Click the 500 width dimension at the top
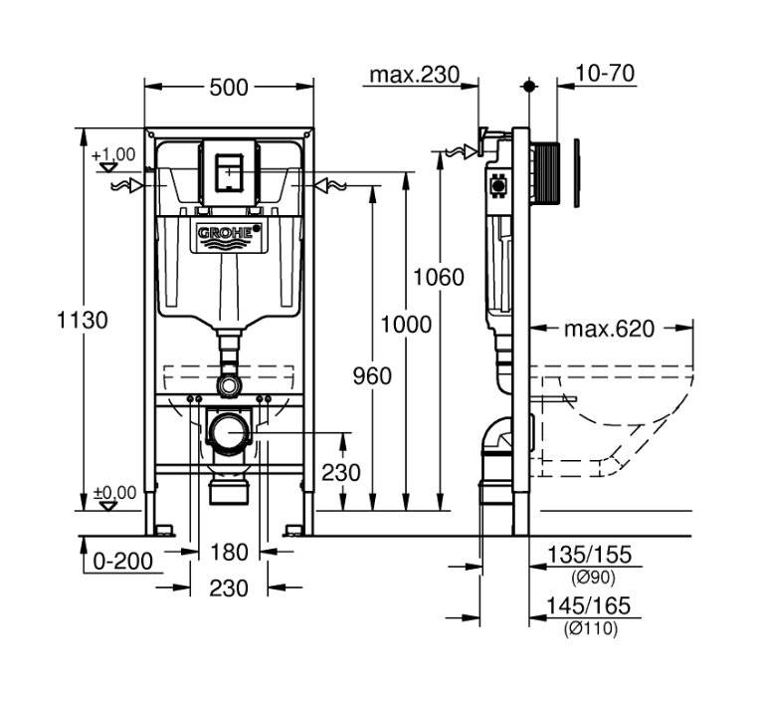(229, 88)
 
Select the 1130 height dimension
(83, 320)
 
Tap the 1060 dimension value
(439, 277)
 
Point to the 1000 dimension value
(406, 324)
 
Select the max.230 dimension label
(415, 74)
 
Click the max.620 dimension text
(610, 329)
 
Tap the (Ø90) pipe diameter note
(594, 577)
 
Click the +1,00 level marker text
(114, 154)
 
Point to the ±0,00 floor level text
(114, 492)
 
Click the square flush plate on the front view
(230, 172)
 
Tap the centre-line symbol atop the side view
(530, 87)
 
